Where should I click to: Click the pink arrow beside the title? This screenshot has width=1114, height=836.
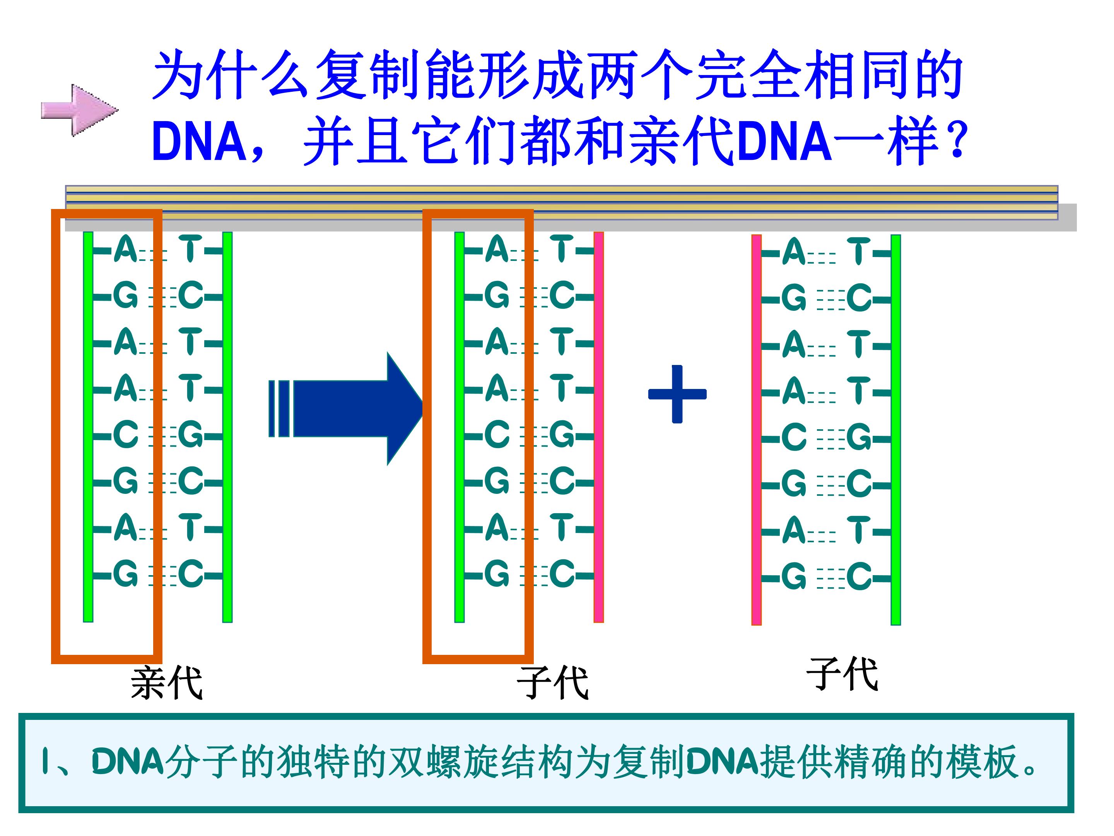(x=80, y=110)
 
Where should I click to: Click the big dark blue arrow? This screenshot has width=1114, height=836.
(x=347, y=409)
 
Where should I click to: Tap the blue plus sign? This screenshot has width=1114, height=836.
(x=677, y=394)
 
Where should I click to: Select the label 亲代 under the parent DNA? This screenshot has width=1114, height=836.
(x=166, y=682)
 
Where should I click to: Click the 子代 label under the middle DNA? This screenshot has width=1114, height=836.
(x=552, y=682)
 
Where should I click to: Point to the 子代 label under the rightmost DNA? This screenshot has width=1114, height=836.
(x=842, y=674)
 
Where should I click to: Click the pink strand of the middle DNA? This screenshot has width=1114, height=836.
(x=598, y=427)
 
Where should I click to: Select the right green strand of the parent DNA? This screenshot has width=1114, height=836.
(x=227, y=427)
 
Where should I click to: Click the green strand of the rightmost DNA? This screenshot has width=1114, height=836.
(x=895, y=430)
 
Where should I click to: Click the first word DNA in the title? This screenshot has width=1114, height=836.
(x=198, y=141)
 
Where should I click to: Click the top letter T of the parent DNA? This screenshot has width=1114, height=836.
(x=190, y=249)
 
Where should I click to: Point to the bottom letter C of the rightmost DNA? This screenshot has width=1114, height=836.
(x=859, y=576)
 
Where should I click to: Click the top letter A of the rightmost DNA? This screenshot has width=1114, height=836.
(x=794, y=252)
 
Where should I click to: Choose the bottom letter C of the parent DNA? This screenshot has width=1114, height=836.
(x=191, y=574)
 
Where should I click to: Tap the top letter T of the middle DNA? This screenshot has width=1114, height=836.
(x=562, y=249)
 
